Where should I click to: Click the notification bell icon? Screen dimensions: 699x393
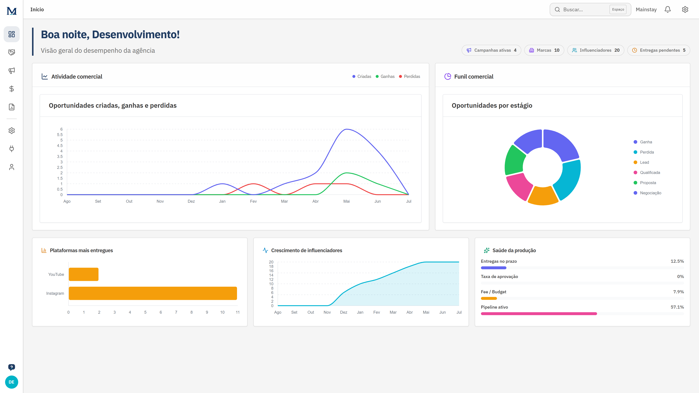point(668,9)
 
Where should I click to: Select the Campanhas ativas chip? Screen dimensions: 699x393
point(491,50)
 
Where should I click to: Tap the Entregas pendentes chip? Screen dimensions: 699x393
point(659,50)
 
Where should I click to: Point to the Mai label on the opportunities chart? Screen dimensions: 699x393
point(347,201)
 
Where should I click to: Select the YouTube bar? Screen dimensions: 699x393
point(84,274)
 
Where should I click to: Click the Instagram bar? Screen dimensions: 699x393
point(153,293)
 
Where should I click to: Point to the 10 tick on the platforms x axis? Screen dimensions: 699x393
point(222,312)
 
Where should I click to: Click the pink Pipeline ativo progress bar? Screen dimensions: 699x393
point(539,313)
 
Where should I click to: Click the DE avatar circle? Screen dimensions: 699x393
point(11,382)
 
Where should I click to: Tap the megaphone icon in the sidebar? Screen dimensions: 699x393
point(11,71)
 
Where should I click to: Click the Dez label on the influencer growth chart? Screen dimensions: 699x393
point(343,312)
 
